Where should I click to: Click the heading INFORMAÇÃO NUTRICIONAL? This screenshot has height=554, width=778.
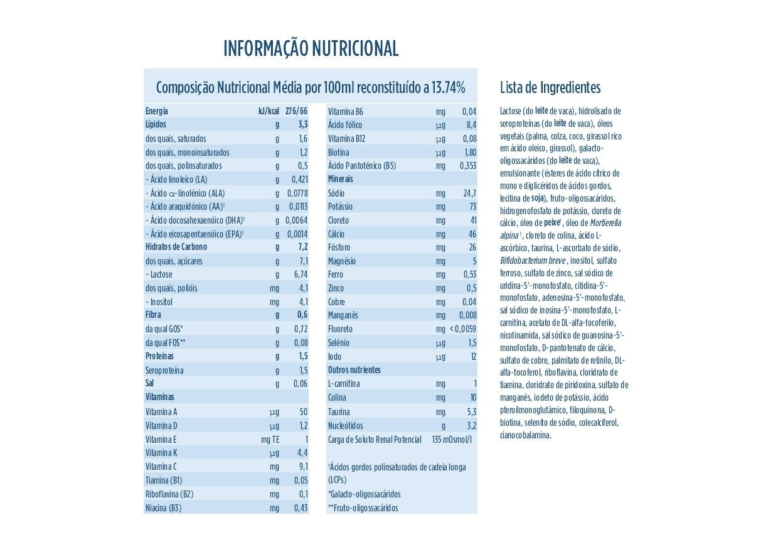click(311, 49)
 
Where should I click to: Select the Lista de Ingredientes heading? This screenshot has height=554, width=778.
click(550, 87)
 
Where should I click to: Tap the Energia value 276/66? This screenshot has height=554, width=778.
click(296, 111)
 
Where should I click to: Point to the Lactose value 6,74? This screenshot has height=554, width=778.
click(301, 274)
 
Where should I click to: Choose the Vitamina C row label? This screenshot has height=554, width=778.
click(161, 467)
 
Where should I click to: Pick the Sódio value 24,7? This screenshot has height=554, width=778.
click(469, 193)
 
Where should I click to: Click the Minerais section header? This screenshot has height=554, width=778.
click(341, 180)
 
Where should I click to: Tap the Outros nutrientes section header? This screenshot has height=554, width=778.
click(354, 370)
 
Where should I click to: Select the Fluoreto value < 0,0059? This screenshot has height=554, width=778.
click(463, 329)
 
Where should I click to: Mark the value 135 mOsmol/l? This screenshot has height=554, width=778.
click(452, 440)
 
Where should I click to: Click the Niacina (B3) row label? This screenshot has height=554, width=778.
click(163, 508)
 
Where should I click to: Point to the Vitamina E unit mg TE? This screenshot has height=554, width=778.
click(270, 440)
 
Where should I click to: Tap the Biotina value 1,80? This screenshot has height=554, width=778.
click(470, 153)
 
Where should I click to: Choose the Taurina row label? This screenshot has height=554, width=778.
click(339, 412)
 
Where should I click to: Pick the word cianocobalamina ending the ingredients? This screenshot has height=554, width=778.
click(526, 435)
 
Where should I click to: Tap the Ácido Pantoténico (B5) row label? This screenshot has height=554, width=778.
click(362, 166)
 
